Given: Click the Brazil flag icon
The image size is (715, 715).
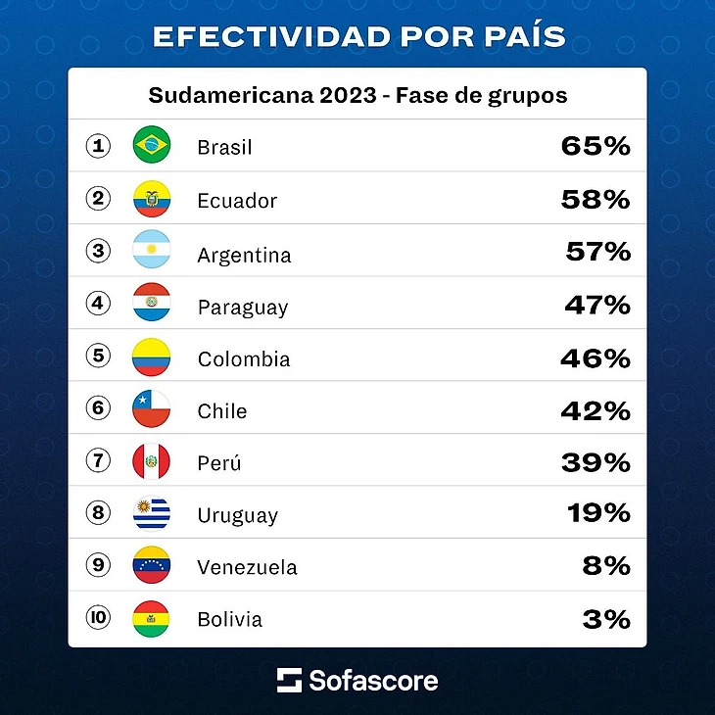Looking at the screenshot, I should point(152,146).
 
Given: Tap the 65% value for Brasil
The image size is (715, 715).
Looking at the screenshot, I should point(596,147).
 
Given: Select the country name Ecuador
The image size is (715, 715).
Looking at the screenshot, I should point(237,201).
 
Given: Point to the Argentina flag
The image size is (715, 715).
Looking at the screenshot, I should point(152,252).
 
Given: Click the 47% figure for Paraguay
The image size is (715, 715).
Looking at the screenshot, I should point(596,306).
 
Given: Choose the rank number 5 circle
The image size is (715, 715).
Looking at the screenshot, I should point(98,355).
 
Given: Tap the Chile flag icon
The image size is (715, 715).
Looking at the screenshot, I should point(152,408).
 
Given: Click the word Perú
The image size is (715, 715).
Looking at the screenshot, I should point(219,463).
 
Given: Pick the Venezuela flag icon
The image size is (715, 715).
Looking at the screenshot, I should point(152,565).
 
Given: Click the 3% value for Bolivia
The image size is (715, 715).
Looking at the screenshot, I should point(607,619).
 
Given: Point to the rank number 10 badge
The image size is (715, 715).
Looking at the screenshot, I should point(98,617).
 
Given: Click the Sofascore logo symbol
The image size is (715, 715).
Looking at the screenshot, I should point(289,680).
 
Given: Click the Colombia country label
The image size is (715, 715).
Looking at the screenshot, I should point(244,359).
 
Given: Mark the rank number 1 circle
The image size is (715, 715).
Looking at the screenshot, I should point(98,146).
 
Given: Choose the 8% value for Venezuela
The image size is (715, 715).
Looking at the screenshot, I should point(606,566).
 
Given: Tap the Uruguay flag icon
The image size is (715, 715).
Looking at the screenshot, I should point(152,513).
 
